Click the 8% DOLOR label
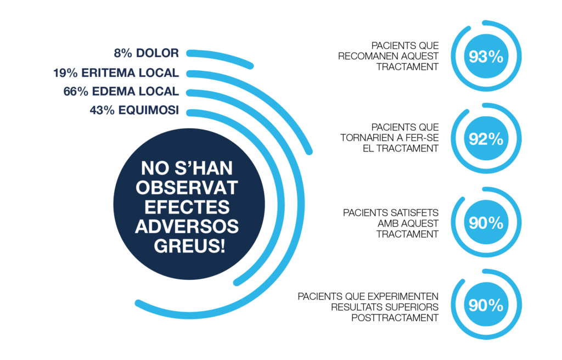click(146, 53)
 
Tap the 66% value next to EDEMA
click(76, 92)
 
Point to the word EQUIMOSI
click(149, 110)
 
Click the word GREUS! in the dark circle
click(189, 246)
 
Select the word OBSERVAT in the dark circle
click(187, 188)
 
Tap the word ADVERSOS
click(187, 227)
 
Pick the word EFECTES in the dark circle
click(187, 207)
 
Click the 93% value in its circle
click(486, 57)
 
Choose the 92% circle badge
click(486, 139)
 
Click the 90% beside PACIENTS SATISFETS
click(486, 223)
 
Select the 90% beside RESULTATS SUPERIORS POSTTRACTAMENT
click(486, 305)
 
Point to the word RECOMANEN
click(368, 57)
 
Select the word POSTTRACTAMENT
click(395, 318)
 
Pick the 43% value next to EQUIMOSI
click(102, 110)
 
